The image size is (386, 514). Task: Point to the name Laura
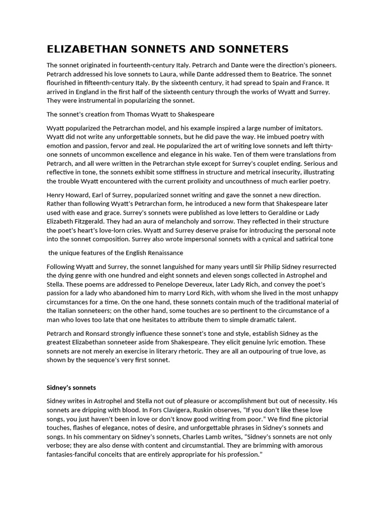coord(151,73)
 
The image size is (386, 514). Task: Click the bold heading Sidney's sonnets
coord(71,388)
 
